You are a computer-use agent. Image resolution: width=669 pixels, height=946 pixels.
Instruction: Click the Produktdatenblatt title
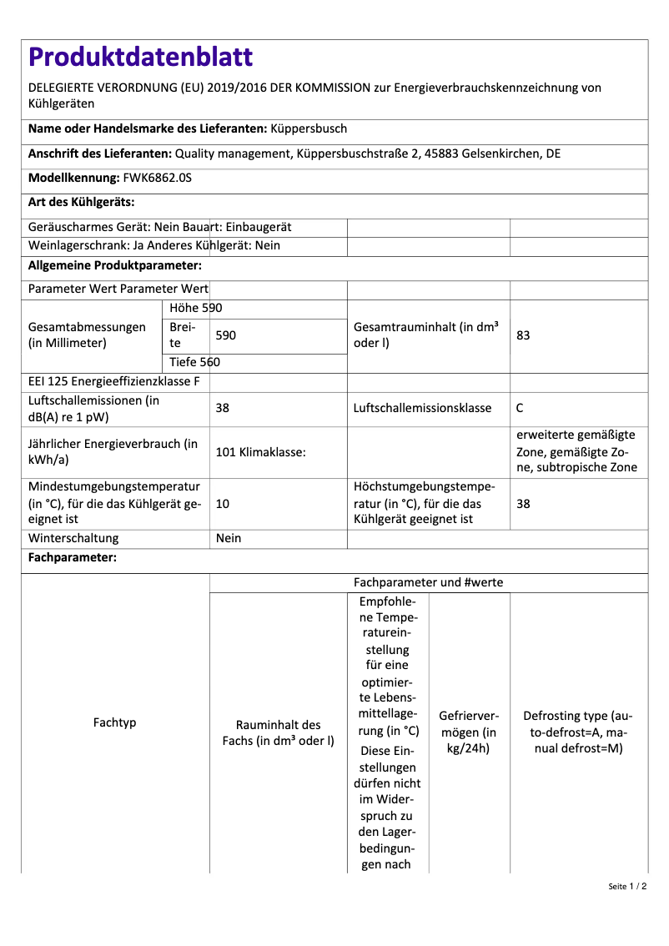(x=140, y=57)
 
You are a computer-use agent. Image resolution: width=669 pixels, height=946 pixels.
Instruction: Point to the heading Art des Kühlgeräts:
(x=82, y=202)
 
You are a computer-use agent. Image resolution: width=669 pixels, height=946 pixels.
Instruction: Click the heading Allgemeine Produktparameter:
(x=115, y=265)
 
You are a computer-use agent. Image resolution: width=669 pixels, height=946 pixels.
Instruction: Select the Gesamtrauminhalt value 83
(x=524, y=335)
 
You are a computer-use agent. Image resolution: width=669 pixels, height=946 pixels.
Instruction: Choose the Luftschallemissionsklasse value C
(x=521, y=408)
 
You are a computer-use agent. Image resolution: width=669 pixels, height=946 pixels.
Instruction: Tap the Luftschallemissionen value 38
(x=223, y=408)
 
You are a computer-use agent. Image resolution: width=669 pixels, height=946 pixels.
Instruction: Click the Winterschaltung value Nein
(x=229, y=538)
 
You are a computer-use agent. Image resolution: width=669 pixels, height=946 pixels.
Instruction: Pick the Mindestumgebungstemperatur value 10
(x=223, y=504)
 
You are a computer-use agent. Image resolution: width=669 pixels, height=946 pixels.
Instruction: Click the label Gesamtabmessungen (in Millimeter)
(x=87, y=335)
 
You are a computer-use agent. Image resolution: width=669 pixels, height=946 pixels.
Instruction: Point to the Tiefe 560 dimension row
(x=194, y=362)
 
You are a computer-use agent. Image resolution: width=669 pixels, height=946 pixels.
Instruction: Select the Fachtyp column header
(x=114, y=722)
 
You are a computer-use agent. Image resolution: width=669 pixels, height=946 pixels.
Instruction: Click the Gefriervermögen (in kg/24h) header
(x=469, y=732)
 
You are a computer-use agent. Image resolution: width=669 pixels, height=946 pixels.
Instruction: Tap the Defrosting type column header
(x=578, y=732)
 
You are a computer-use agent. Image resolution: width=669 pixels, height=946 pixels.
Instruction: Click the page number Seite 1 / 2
(x=627, y=886)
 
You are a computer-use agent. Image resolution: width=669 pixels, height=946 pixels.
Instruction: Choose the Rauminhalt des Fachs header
(x=278, y=732)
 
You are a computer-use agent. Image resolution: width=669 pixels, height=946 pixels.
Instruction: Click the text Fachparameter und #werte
(x=428, y=582)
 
